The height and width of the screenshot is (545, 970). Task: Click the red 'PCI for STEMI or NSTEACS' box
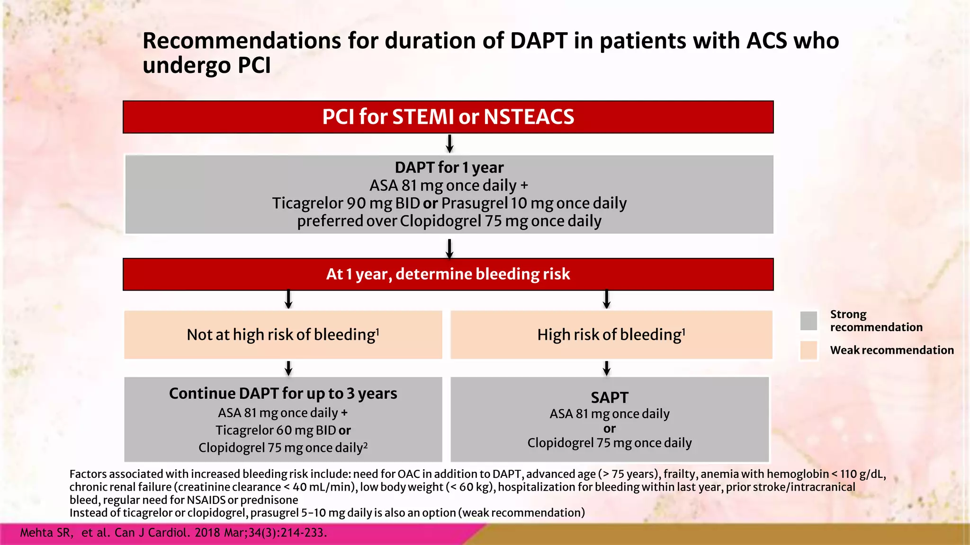pyautogui.click(x=448, y=117)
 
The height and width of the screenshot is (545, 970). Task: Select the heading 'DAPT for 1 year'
pyautogui.click(x=449, y=167)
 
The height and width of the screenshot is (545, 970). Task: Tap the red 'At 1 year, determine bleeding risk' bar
pyautogui.click(x=448, y=274)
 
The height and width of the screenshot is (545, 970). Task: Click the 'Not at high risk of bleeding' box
pyautogui.click(x=283, y=335)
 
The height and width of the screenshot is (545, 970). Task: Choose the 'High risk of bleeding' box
pyautogui.click(x=611, y=335)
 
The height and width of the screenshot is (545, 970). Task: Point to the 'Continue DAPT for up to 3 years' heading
pyautogui.click(x=283, y=394)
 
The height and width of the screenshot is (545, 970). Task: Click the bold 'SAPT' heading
pyautogui.click(x=610, y=397)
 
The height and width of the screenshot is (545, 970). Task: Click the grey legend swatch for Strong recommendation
pyautogui.click(x=808, y=321)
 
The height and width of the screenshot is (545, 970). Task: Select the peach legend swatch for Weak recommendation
pyautogui.click(x=808, y=351)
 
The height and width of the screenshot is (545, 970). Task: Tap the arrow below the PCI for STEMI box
pyautogui.click(x=449, y=143)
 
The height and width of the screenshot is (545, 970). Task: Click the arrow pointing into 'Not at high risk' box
pyautogui.click(x=288, y=299)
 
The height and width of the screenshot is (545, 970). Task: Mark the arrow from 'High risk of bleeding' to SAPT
pyautogui.click(x=606, y=368)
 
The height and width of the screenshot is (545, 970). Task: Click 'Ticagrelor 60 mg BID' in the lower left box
pyautogui.click(x=276, y=431)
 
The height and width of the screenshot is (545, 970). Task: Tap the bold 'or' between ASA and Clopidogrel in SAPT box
pyautogui.click(x=610, y=429)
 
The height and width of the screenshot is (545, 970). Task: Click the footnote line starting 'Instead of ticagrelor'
pyautogui.click(x=327, y=513)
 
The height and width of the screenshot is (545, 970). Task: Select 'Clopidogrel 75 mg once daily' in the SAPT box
pyautogui.click(x=610, y=443)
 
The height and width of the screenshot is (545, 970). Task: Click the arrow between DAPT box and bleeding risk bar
pyautogui.click(x=449, y=248)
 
